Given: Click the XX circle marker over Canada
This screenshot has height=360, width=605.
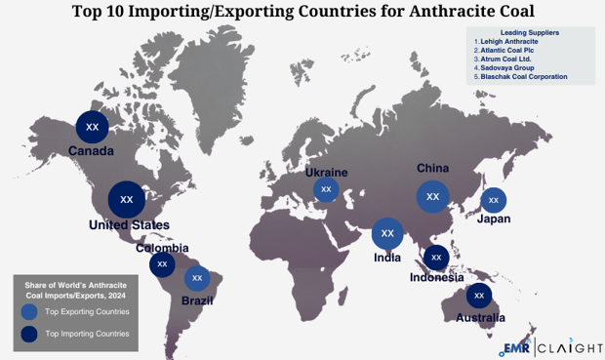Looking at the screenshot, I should tap(93, 127).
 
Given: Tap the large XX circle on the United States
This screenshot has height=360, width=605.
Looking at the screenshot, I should tap(126, 199).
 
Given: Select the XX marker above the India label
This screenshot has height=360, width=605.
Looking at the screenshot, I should tap(387, 233).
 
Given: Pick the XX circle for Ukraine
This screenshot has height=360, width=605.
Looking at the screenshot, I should tap(326, 189).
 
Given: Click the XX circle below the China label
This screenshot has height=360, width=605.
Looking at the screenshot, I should tap(432, 196).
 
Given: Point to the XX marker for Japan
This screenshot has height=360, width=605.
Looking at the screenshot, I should tap(493, 200).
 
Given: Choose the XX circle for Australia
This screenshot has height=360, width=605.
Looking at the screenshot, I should tap(478, 295).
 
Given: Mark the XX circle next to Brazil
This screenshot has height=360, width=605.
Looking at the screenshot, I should tap(197, 278).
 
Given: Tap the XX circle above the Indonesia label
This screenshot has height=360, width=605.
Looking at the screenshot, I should tap(436, 258).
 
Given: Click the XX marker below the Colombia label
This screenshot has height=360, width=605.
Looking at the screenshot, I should tap(163, 263).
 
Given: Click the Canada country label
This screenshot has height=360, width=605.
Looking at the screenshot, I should tap(91, 151).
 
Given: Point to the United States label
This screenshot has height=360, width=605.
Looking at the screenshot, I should tap(129, 225).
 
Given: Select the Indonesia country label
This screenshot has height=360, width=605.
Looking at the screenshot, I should tap(436, 277).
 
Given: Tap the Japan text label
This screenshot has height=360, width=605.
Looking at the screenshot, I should tap(494, 219).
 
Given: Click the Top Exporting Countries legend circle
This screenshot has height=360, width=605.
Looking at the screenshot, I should tap(29, 311).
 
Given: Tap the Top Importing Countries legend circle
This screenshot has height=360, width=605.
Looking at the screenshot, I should tap(29, 334).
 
